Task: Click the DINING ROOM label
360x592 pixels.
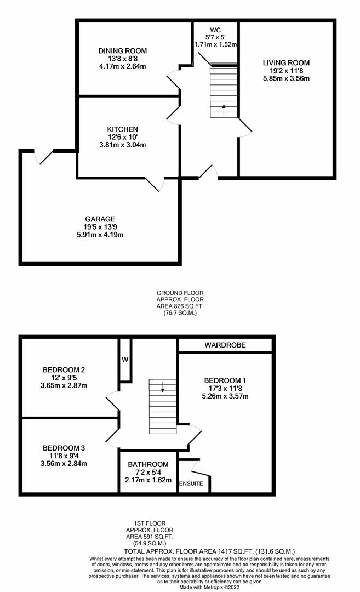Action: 123,51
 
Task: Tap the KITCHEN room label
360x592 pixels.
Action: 122,129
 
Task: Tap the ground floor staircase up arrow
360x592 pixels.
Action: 224,108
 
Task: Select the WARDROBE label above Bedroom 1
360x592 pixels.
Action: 225,345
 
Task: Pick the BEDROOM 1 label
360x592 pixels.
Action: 226,380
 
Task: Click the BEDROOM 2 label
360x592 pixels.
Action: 64,369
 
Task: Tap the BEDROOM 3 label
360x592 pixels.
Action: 64,448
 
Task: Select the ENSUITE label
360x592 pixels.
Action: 191,483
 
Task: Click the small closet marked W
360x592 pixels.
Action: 124,360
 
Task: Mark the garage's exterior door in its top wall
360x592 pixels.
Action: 44,156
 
